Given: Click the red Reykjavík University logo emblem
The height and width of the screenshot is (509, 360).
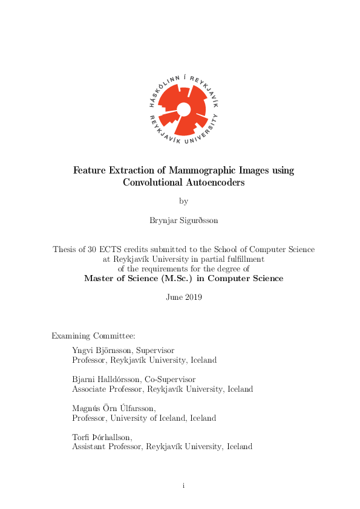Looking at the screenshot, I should (183, 109).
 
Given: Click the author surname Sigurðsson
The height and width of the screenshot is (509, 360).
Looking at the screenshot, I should (198, 220).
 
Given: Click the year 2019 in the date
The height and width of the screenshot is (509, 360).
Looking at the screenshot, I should (193, 297).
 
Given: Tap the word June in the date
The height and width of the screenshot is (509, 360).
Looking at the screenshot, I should (174, 297).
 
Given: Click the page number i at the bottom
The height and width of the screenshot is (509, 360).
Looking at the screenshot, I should (183, 485).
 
